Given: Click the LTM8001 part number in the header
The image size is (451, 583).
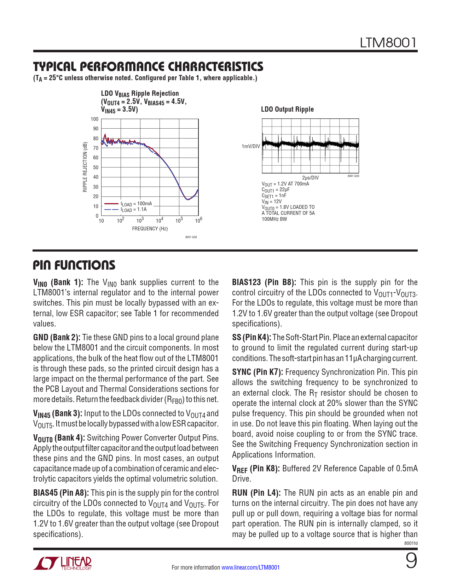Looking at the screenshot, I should click(x=388, y=43).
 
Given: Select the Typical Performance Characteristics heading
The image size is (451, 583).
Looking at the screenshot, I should click(x=148, y=66).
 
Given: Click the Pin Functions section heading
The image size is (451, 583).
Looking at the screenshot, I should click(x=74, y=265).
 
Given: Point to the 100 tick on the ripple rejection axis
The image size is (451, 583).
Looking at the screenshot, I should click(x=94, y=119).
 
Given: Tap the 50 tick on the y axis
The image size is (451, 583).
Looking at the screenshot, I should click(x=96, y=167).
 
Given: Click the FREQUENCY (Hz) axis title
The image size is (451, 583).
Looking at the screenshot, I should click(x=150, y=229).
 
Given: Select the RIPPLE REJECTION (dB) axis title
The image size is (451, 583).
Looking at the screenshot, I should click(x=85, y=167).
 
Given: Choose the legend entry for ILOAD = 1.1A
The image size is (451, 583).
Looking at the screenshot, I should click(x=134, y=210).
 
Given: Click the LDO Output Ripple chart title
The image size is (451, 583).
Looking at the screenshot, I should click(x=287, y=110).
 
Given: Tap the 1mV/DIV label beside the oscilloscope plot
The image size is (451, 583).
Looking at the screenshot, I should click(x=251, y=146).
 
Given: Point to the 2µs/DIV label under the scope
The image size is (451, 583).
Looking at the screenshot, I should click(x=310, y=178).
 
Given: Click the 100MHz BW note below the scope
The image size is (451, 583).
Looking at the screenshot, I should click(x=274, y=219).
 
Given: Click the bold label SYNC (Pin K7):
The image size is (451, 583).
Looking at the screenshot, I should click(x=258, y=372).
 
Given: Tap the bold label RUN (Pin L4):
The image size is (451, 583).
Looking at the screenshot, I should click(x=256, y=493).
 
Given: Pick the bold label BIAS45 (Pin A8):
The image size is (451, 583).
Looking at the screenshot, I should click(x=61, y=493).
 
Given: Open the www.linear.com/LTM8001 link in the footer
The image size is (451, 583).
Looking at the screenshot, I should click(x=250, y=567).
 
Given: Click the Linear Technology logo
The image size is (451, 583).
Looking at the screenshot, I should click(x=63, y=563).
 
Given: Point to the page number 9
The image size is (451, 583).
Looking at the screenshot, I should click(x=411, y=561).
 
